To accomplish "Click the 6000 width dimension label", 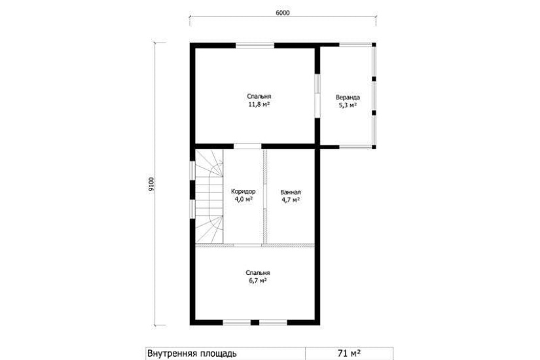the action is point(282,12).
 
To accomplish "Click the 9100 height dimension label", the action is point(152,185).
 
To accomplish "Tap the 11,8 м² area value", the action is point(259,103).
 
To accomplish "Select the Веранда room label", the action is point(348,98).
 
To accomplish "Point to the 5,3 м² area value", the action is point(348,105).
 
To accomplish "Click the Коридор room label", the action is point(243,192).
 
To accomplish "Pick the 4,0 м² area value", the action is point(244,199).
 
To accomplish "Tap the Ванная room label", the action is point(291,192).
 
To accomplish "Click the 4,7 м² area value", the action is point(291,200).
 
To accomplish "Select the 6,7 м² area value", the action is point(258,280).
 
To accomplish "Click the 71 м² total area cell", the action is point(349,353).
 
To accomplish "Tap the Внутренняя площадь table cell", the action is point(226,353).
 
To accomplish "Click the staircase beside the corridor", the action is point(209,196).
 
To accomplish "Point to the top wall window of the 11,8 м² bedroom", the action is point(255,45).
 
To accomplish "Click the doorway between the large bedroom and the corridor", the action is point(247,147).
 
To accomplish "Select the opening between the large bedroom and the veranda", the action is point(317,96).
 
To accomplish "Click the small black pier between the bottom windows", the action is point(255,323).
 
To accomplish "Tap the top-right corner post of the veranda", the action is point(374,45).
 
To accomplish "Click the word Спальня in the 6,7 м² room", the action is point(258,273).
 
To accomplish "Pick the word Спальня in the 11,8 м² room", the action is point(259,96).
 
